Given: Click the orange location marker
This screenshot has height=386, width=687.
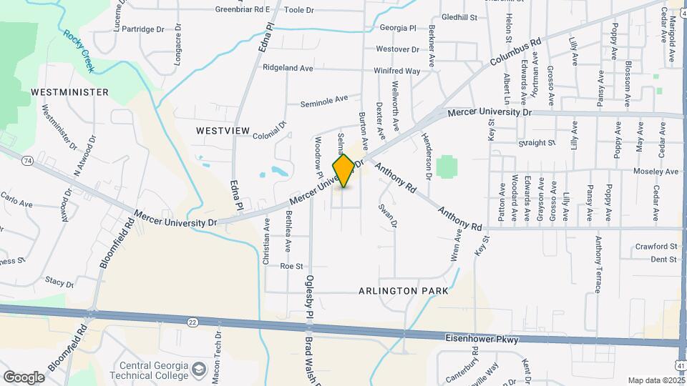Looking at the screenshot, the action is coord(343,170).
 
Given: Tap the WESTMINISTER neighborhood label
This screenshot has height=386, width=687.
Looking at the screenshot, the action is coord(70,92).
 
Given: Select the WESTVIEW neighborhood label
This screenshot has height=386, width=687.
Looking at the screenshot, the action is coord(223,131).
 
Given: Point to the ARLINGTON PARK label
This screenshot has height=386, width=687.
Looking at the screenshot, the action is coord(404,291).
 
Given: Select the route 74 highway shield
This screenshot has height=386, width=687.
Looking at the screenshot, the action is coord(26,161).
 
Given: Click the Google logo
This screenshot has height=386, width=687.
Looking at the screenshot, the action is coord(24,377).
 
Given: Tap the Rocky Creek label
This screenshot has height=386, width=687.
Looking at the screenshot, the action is coord(83,44).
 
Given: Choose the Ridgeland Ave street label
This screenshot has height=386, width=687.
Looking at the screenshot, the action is coord(288,68).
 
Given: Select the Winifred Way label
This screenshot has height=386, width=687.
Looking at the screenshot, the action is coord(396,71).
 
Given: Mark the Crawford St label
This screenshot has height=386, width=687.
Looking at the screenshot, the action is coord(656,247).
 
